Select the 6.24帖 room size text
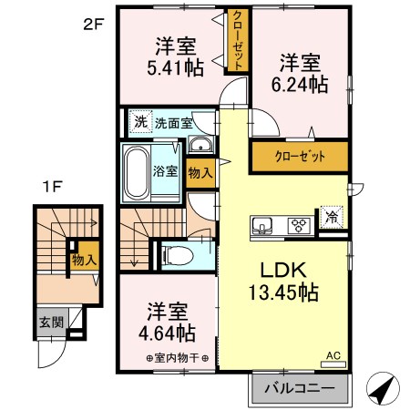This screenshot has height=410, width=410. pyautogui.click(x=300, y=85)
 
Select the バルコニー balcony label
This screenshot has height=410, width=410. pyautogui.click(x=299, y=389)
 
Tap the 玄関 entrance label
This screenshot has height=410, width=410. pyautogui.click(x=49, y=323)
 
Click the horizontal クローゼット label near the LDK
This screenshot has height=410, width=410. pyautogui.click(x=299, y=157)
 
